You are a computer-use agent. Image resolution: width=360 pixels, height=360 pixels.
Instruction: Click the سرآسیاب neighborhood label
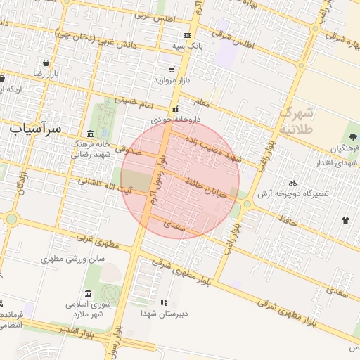tap(36, 129)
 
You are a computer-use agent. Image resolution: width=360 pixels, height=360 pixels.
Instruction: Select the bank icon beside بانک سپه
tap(187, 35)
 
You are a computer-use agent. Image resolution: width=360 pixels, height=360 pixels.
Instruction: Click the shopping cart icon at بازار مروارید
tap(172, 70)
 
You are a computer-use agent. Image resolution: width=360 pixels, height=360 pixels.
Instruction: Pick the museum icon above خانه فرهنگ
tap(90, 134)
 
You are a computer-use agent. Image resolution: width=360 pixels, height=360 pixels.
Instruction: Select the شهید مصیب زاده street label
tap(212, 151)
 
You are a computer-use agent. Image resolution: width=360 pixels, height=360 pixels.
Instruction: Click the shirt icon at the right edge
tap(345, 220)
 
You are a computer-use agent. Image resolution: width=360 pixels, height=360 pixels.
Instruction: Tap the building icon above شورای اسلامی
tap(88, 293)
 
